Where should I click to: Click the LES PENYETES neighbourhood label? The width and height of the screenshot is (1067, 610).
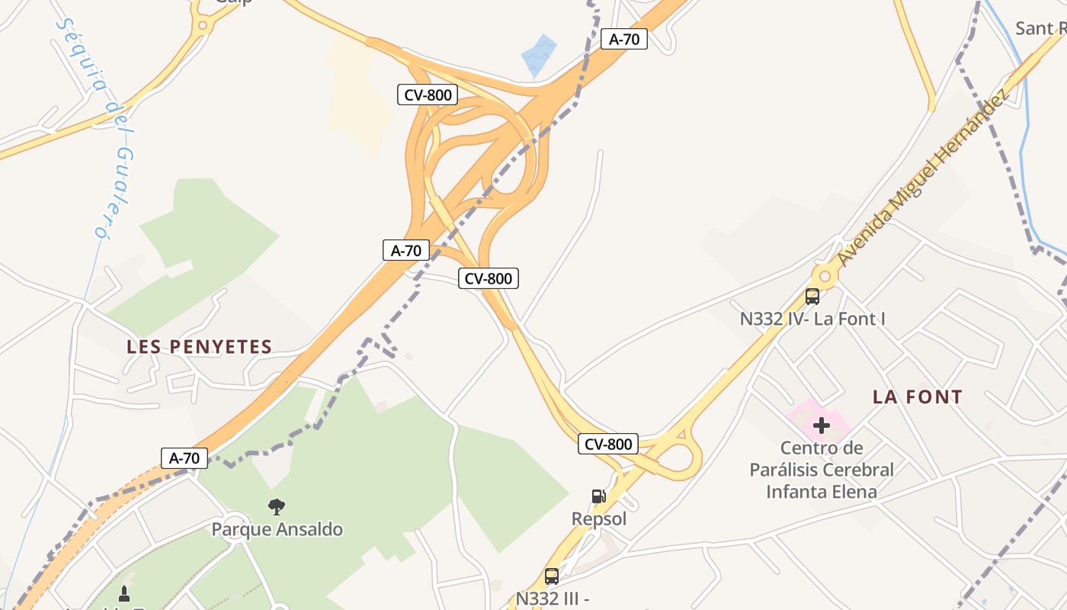(200, 347)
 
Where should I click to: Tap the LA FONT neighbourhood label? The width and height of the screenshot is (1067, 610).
(918, 396)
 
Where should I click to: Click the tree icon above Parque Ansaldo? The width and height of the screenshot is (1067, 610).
(277, 506)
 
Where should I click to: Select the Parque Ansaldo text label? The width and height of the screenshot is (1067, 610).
(277, 529)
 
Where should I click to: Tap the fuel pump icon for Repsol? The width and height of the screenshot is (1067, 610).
(599, 496)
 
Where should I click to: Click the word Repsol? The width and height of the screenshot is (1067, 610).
(599, 519)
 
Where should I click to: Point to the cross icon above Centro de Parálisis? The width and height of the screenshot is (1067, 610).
(822, 425)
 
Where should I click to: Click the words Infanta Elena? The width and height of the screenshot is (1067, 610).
(822, 492)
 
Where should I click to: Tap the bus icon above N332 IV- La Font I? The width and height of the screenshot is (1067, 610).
(812, 297)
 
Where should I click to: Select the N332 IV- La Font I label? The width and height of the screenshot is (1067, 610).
(812, 319)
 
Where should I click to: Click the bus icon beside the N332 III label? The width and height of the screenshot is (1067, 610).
(552, 576)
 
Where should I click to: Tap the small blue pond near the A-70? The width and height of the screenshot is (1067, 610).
(539, 55)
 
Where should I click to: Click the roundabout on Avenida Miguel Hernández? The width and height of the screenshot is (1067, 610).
(825, 275)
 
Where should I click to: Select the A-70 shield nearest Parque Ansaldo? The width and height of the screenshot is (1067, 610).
(184, 458)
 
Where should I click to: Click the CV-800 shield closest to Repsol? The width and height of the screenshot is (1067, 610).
(607, 444)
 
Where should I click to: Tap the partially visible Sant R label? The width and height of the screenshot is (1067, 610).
(1040, 29)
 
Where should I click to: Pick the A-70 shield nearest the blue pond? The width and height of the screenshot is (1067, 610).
(624, 39)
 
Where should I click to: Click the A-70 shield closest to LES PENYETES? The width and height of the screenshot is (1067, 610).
(406, 250)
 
